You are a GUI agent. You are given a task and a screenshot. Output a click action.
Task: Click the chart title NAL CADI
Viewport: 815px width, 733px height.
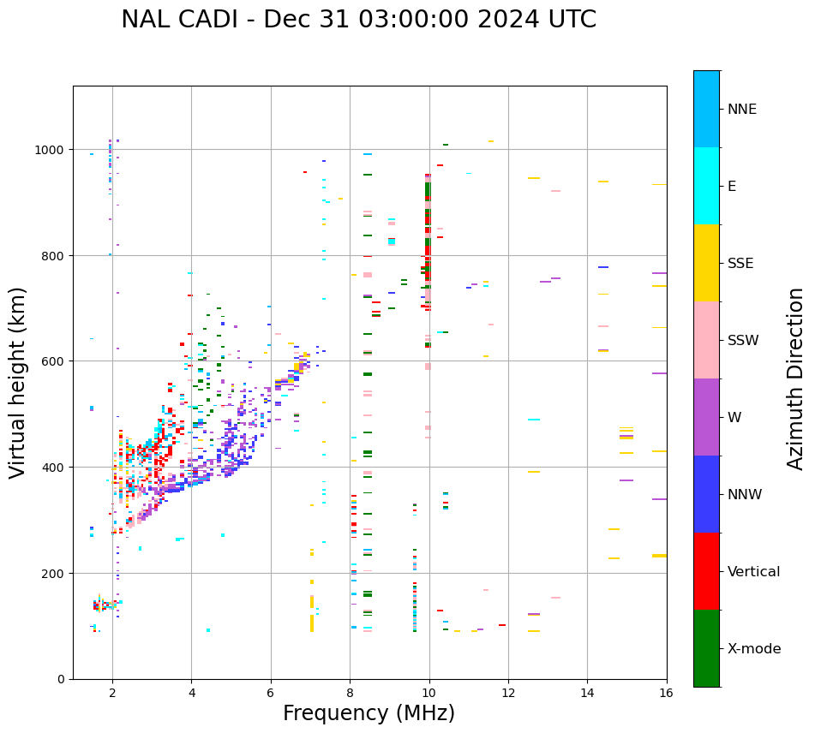pyautogui.click(x=358, y=20)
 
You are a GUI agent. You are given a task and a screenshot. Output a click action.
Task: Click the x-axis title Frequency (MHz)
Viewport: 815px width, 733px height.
pyautogui.click(x=369, y=713)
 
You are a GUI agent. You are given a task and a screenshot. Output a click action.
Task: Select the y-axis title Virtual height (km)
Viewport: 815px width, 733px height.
pyautogui.click(x=18, y=383)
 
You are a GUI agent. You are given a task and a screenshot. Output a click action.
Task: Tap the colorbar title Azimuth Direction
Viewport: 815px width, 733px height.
pyautogui.click(x=796, y=378)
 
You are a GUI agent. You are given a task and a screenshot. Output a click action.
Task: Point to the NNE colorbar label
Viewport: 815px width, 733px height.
pyautogui.click(x=742, y=109)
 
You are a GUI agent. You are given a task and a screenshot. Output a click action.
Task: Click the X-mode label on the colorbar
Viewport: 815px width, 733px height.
pyautogui.click(x=754, y=649)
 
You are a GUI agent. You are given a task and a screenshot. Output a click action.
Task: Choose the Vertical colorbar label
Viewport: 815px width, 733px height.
pyautogui.click(x=754, y=572)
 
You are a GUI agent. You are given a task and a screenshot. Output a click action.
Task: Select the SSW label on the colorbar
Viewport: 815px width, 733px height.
pyautogui.click(x=743, y=341)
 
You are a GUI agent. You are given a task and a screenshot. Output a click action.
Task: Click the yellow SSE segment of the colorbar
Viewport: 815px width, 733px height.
pyautogui.click(x=706, y=263)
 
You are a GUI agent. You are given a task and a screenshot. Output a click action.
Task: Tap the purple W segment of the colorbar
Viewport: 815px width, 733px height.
pyautogui.click(x=706, y=417)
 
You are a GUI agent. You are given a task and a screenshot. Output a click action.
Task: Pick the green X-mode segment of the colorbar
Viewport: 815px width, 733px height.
pyautogui.click(x=706, y=648)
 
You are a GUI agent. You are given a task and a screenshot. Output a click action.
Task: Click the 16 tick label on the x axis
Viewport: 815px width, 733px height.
pyautogui.click(x=666, y=693)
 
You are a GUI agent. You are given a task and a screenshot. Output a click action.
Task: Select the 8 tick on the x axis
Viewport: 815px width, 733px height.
pyautogui.click(x=350, y=693)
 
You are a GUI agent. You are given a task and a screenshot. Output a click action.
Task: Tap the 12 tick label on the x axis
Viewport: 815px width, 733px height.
pyautogui.click(x=508, y=693)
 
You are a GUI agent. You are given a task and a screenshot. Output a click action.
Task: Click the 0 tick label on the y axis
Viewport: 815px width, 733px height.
pyautogui.click(x=61, y=679)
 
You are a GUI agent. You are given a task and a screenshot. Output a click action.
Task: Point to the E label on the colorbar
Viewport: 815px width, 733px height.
pyautogui.click(x=732, y=187)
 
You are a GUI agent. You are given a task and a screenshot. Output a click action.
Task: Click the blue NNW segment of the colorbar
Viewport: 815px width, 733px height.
pyautogui.click(x=706, y=494)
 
